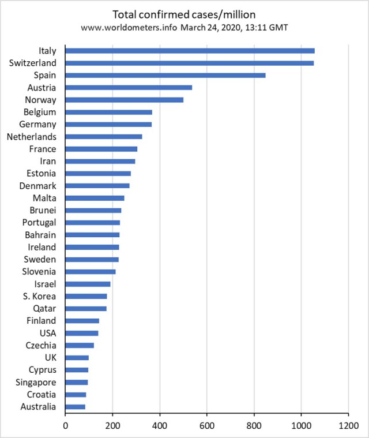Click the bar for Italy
pyautogui.click(x=190, y=51)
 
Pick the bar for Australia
pyautogui.click(x=76, y=407)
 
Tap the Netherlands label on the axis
pyautogui.click(x=31, y=137)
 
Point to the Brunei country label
pyautogui.click(x=43, y=211)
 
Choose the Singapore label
pyautogui.click(x=35, y=383)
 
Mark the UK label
pyautogui.click(x=50, y=358)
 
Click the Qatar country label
pyautogui.click(x=44, y=309)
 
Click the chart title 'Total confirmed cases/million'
pyautogui.click(x=184, y=14)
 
